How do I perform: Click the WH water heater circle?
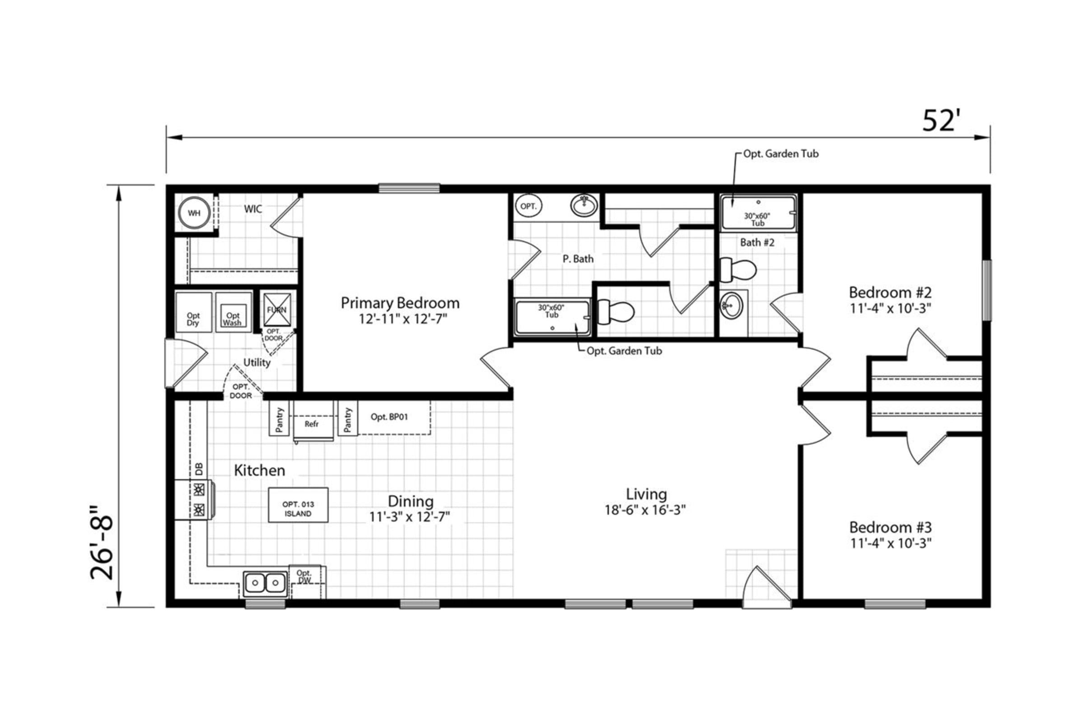[194, 213]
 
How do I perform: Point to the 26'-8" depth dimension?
[102, 543]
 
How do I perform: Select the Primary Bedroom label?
[400, 303]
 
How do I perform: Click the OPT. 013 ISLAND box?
[298, 505]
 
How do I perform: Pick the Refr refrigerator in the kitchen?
[313, 421]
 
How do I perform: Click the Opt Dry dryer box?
[194, 312]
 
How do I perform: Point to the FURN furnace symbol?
[277, 310]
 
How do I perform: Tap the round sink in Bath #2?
[732, 305]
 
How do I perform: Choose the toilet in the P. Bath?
[616, 312]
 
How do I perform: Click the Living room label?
[646, 494]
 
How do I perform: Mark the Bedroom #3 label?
[890, 527]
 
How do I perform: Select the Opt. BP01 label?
[389, 417]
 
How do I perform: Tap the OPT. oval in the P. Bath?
[528, 206]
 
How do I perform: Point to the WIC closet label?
[252, 209]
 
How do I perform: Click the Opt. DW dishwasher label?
[304, 576]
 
